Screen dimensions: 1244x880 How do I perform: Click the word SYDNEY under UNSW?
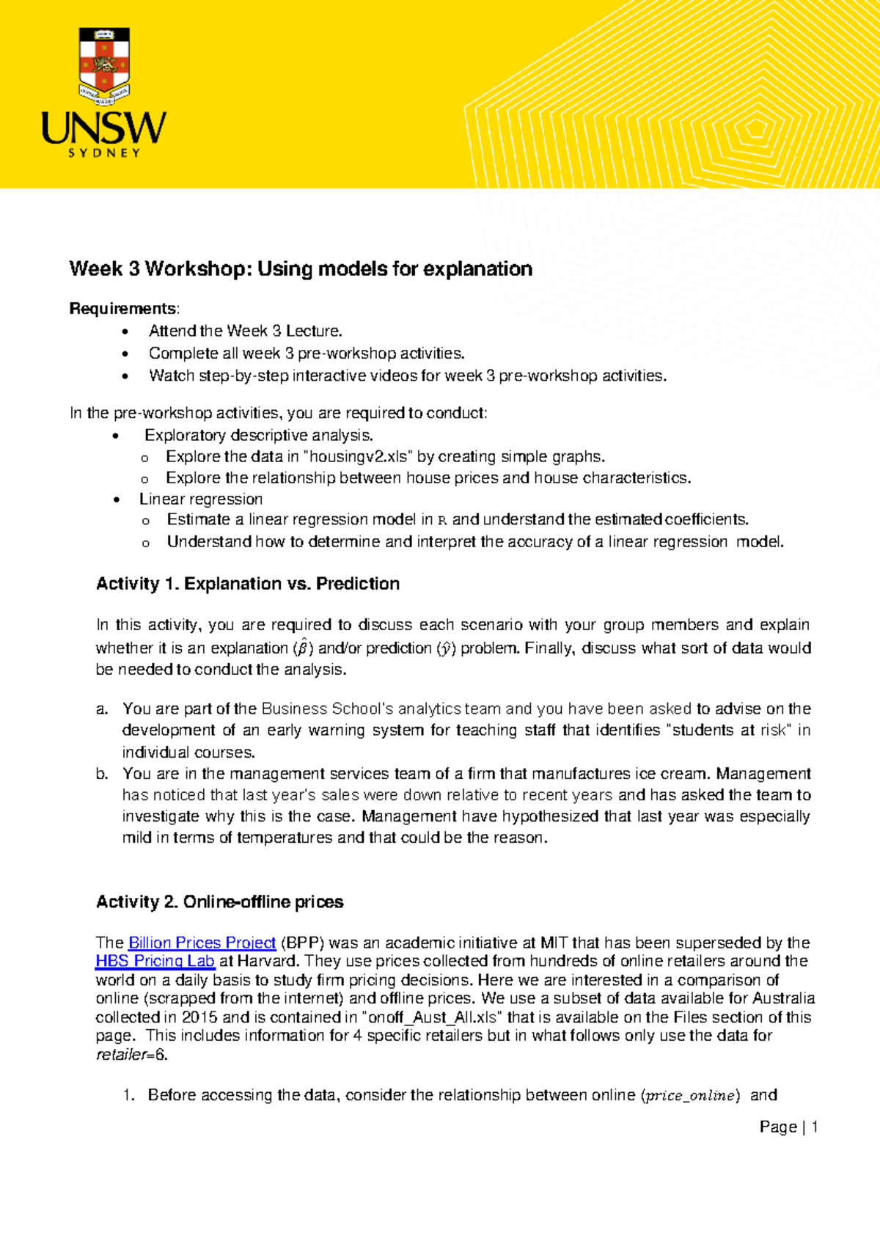click(x=104, y=153)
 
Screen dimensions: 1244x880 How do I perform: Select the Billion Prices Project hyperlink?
click(x=202, y=943)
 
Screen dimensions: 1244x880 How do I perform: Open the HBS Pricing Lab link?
click(x=155, y=961)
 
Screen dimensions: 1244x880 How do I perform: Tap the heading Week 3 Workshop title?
click(x=301, y=269)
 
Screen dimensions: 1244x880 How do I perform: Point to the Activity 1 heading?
click(x=248, y=584)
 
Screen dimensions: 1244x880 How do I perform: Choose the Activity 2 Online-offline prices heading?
click(x=220, y=902)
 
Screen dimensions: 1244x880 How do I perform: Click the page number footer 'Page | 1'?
click(x=788, y=1127)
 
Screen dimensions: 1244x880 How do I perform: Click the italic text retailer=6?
click(x=132, y=1055)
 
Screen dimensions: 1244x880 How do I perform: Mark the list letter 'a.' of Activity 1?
click(x=102, y=709)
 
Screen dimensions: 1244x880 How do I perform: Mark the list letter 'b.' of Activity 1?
click(x=102, y=774)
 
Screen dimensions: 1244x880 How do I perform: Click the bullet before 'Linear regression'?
click(x=117, y=500)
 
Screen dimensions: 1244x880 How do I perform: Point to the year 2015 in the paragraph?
click(x=199, y=1017)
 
